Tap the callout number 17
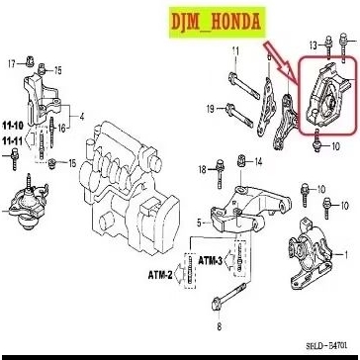point(13,64)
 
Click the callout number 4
point(82,117)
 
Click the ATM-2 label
point(163,272)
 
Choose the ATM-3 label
point(210,261)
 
